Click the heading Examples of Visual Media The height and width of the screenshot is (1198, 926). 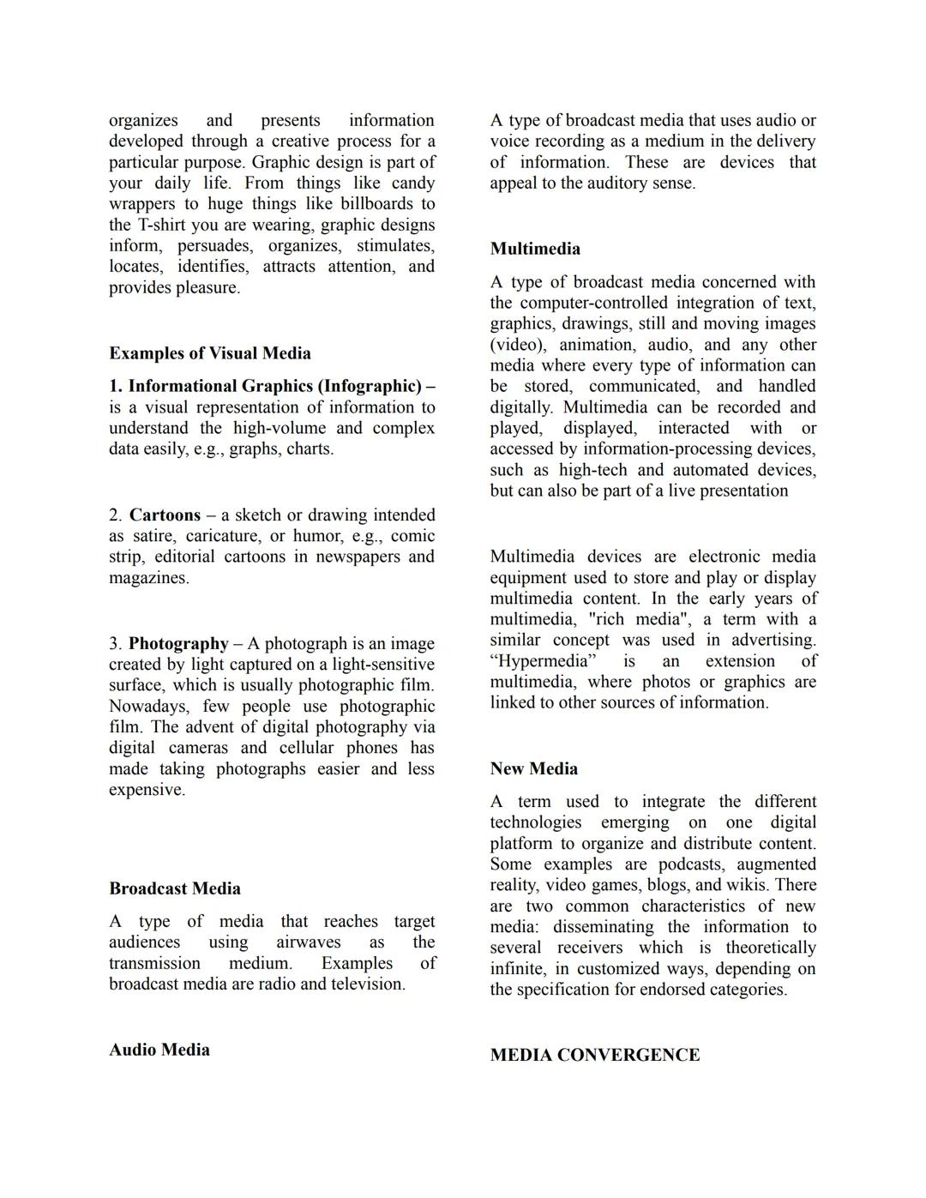[209, 353]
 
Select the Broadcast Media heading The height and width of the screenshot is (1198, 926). [174, 888]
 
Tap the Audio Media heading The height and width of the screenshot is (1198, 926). [159, 1050]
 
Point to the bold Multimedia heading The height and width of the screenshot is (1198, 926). [535, 249]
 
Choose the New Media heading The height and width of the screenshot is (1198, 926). [533, 768]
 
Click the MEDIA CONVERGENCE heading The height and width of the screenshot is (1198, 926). [594, 1055]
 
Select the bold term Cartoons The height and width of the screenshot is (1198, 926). [165, 515]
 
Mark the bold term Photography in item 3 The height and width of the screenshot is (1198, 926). [178, 644]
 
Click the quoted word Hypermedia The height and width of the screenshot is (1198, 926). [543, 661]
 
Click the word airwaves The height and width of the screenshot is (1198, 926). [308, 942]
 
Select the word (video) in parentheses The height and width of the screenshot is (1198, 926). [519, 345]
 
